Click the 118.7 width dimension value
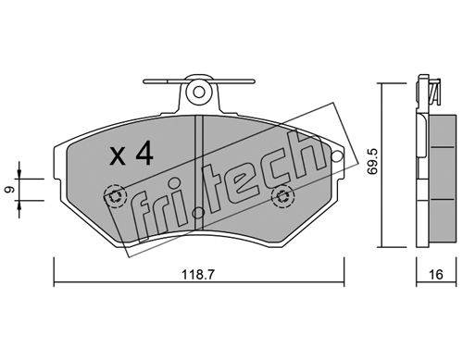pos(197,274)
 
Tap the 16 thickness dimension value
pos(436,274)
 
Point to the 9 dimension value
pos(10,190)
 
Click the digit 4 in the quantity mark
pos(144,153)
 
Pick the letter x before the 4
pos(118,155)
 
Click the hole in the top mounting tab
pos(199,92)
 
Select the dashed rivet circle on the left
pos(115,196)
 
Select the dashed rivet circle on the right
pos(282,196)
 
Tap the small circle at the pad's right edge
pos(337,156)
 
